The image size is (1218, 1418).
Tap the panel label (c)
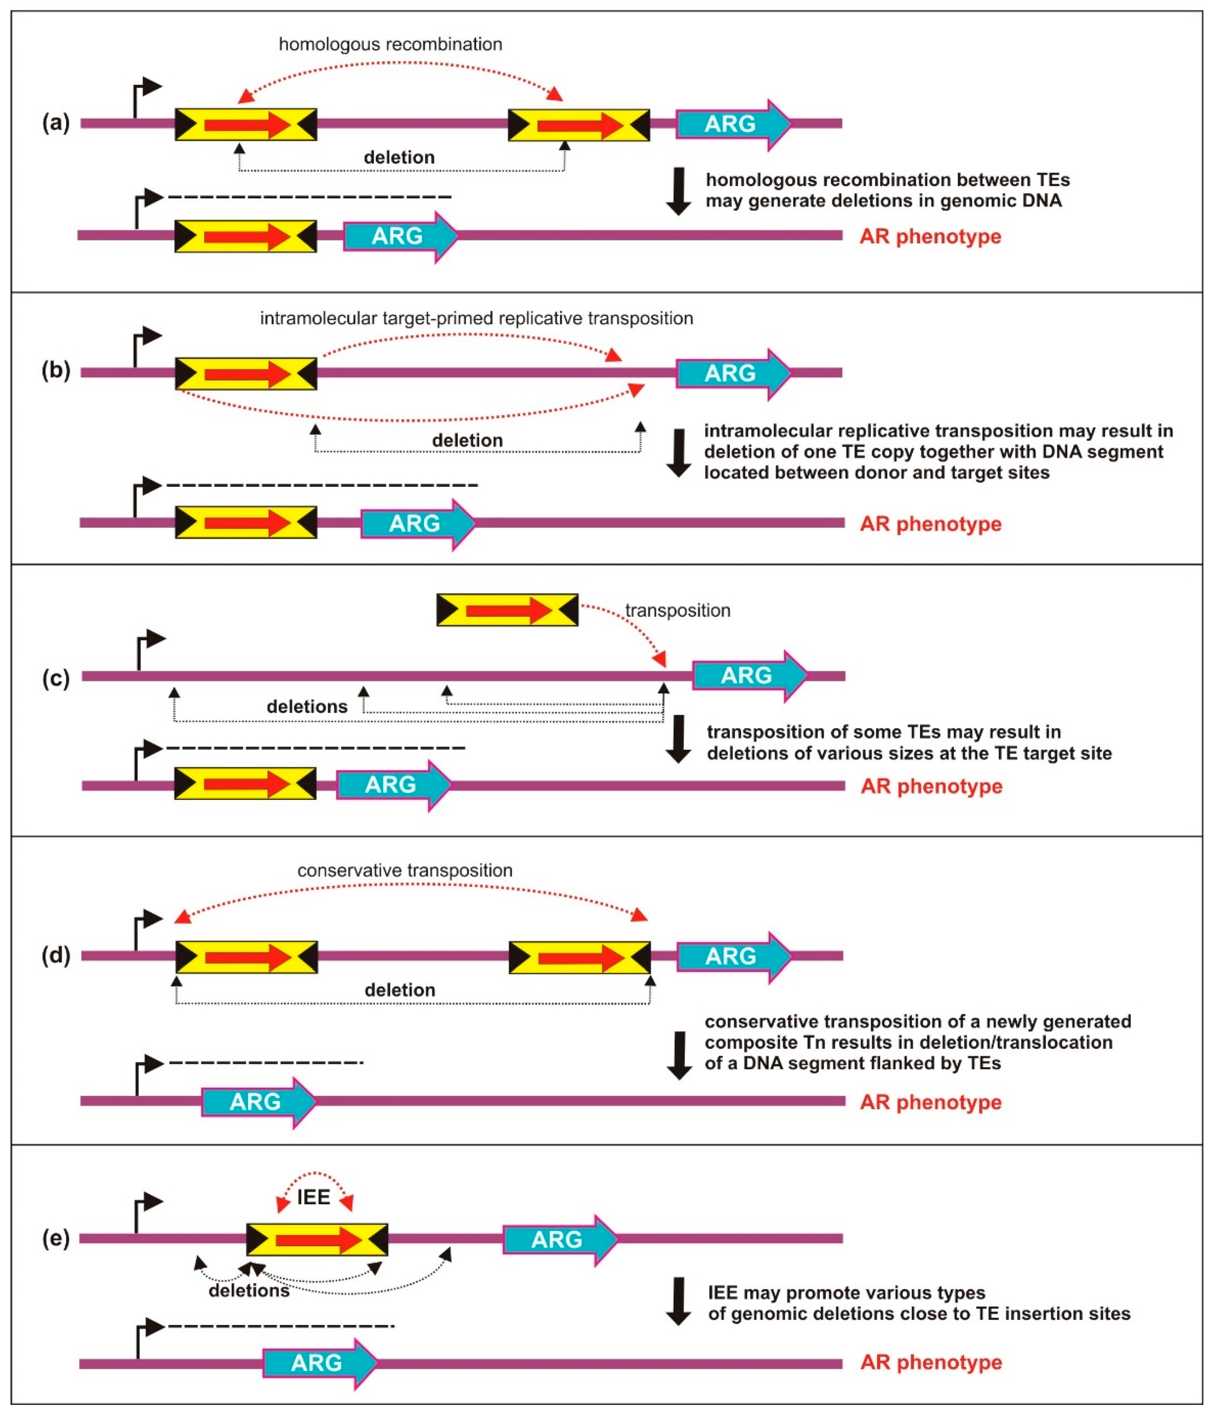(x=56, y=678)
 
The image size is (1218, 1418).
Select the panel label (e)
(x=56, y=1239)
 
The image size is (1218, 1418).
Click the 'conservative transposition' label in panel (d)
(x=404, y=870)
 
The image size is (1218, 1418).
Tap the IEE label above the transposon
(x=314, y=1197)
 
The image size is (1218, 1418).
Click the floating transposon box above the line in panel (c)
(x=507, y=610)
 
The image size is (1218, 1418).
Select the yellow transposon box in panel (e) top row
(x=317, y=1239)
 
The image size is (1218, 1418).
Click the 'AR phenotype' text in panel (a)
(x=931, y=237)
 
